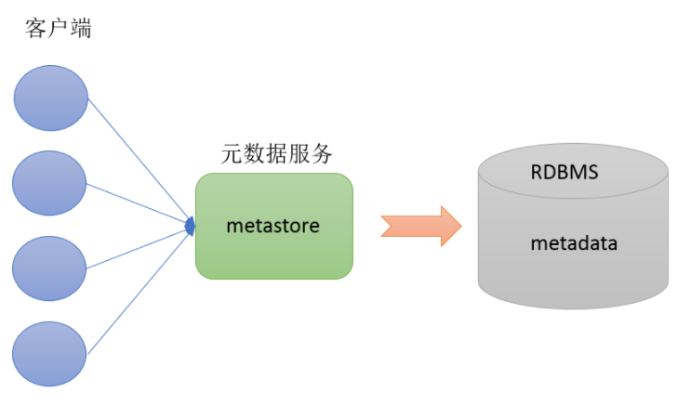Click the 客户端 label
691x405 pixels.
tap(59, 28)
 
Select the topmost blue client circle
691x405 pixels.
tap(50, 98)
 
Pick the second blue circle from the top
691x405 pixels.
tap(50, 182)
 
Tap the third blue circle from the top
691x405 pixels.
tap(50, 268)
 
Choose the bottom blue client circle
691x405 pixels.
tap(50, 353)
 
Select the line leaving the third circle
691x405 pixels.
tap(140, 246)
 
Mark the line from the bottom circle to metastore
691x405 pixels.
tap(140, 289)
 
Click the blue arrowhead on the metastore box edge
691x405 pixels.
tap(191, 225)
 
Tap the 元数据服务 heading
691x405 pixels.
tap(276, 155)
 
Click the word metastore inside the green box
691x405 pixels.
tap(273, 225)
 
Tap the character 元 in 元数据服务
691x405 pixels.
tap(232, 155)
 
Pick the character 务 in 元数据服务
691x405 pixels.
tap(321, 155)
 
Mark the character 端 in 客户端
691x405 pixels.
tap(81, 28)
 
